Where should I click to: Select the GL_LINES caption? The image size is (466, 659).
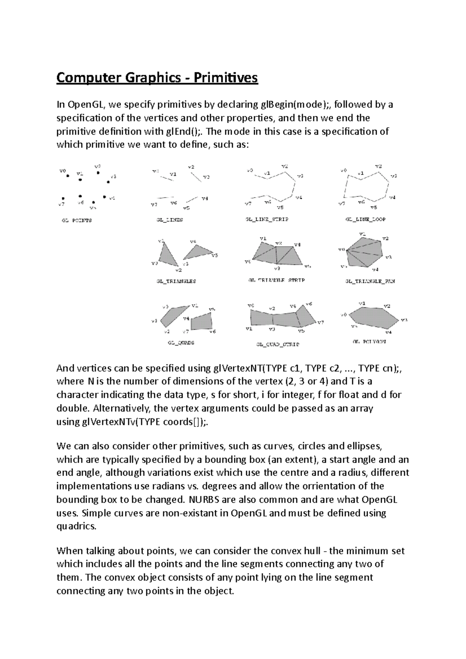170,220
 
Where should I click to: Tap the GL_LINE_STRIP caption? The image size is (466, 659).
267,219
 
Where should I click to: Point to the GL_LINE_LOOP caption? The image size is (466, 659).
365,219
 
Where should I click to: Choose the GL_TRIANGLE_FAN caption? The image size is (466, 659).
370,281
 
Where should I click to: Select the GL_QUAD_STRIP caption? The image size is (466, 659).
278,344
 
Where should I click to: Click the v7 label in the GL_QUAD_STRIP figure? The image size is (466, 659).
321,323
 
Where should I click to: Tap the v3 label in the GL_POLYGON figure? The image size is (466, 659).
404,320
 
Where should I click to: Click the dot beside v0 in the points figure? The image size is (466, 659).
68,175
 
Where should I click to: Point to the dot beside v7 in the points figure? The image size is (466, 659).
63,198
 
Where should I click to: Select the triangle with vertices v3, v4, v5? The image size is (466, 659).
197,252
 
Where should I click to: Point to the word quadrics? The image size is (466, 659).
76,526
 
